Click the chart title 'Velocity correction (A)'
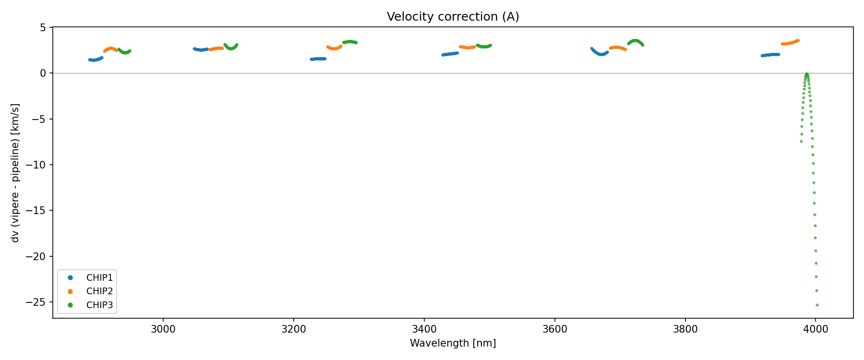click(453, 17)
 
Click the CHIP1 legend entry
click(99, 277)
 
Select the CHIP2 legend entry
click(99, 291)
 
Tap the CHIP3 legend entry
click(99, 305)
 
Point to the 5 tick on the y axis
click(43, 28)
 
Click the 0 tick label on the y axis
click(43, 73)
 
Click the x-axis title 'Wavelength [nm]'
click(453, 343)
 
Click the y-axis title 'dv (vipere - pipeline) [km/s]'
click(15, 173)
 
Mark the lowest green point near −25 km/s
click(817, 305)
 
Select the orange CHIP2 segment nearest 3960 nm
click(790, 43)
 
